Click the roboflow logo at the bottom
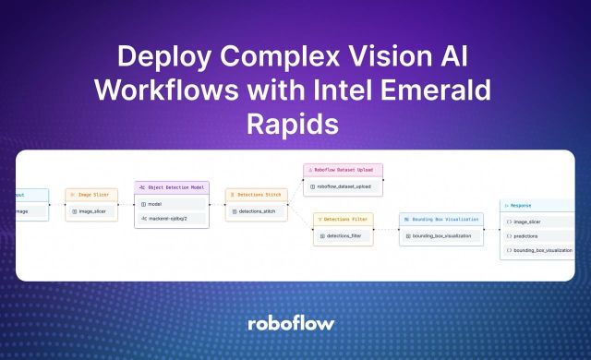(295, 324)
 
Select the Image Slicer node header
(91, 195)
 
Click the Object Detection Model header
(172, 187)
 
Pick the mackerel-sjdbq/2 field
(172, 218)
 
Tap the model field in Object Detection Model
(172, 203)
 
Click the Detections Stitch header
(256, 195)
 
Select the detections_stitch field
(256, 211)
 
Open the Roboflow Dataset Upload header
(344, 170)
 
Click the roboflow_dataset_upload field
(344, 186)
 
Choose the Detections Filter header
(344, 219)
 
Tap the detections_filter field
(344, 236)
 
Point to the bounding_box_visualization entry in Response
(540, 250)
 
